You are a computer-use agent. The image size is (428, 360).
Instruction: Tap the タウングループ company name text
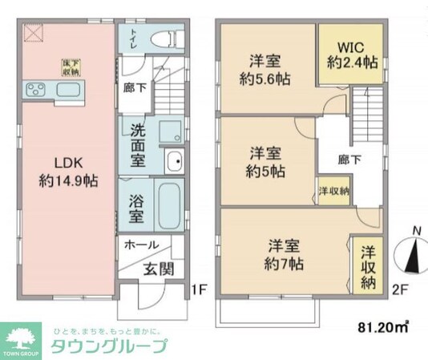point(108,347)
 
